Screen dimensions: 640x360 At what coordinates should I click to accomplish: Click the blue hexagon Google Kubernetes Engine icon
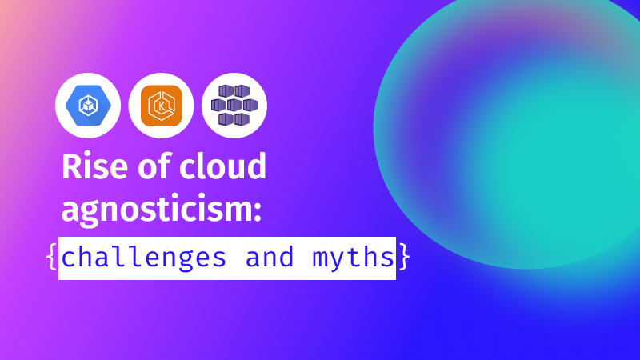coord(88,106)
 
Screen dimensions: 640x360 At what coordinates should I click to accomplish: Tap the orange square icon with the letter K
coord(162,106)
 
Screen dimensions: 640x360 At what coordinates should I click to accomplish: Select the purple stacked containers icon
coord(234,106)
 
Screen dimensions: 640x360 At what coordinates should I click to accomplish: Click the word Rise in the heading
coord(94,166)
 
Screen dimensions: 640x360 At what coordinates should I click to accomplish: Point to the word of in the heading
coord(154,166)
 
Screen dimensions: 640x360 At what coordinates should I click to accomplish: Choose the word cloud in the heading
coord(223,166)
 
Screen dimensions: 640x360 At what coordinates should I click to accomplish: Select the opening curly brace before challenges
coord(52,257)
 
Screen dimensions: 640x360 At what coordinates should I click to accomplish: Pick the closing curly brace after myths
coord(403,257)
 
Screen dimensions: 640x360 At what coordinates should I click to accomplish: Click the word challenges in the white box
coord(144,258)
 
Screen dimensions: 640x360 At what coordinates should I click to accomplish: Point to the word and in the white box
coord(270,257)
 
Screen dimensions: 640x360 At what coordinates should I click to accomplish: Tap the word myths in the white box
coord(353,258)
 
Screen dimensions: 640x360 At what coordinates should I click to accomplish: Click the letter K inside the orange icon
coord(162,107)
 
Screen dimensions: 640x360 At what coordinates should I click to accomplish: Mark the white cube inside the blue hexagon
coord(88,106)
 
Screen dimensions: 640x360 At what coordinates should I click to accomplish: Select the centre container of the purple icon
coord(234,105)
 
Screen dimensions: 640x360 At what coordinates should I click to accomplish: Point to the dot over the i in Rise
coord(87,156)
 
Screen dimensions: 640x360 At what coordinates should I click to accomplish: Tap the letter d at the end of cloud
coord(256,166)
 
